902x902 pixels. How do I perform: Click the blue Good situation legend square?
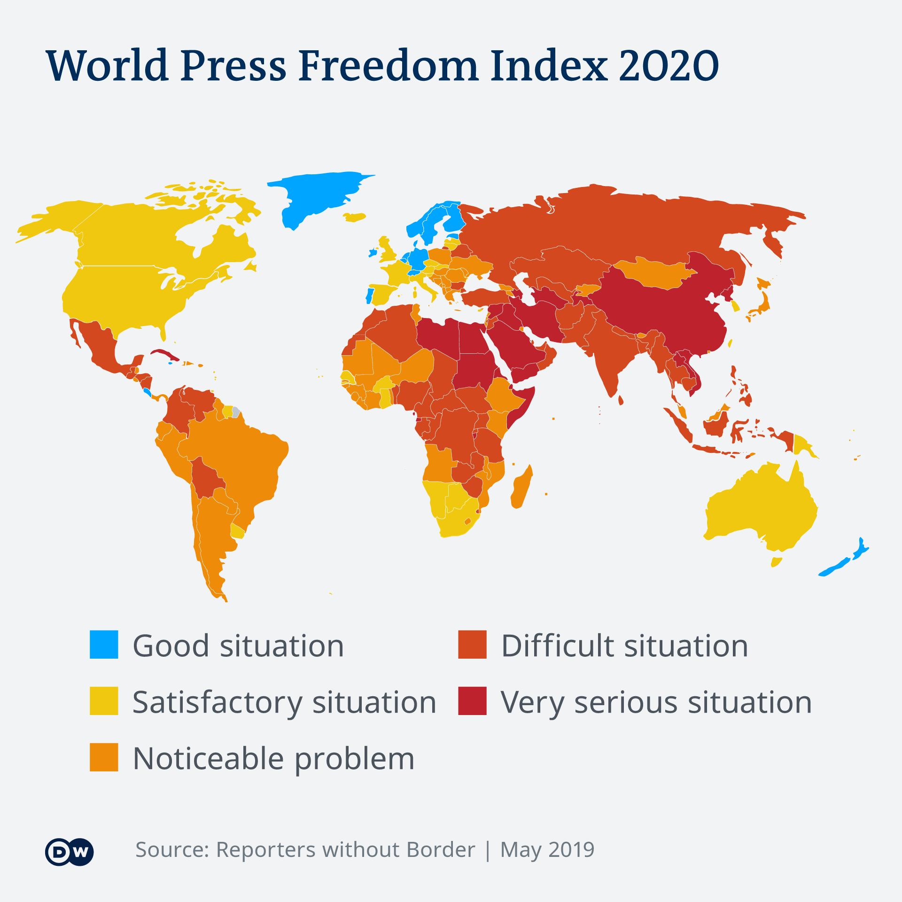tap(104, 645)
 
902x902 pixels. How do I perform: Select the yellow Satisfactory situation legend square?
tap(104, 701)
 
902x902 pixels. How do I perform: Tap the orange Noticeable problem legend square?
tap(104, 757)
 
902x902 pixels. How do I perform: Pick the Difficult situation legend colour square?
tap(472, 645)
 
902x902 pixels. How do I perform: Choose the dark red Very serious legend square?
tap(472, 701)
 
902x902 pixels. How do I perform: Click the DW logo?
tap(70, 852)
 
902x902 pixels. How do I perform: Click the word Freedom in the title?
tap(388, 66)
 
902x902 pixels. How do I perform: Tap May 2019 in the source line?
tap(547, 850)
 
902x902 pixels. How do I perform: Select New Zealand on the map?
tap(846, 561)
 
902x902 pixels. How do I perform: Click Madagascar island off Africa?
tap(521, 489)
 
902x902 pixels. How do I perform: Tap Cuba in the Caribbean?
tap(162, 353)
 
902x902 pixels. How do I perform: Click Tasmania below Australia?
tap(776, 562)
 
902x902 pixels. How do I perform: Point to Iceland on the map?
tap(354, 217)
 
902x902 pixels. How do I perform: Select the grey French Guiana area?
tap(236, 412)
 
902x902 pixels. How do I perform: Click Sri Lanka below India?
tap(621, 400)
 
